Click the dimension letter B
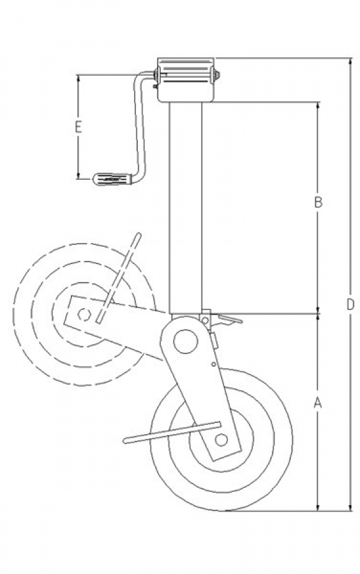point(319,202)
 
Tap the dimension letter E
point(78,127)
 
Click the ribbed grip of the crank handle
point(112,179)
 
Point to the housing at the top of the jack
point(186,80)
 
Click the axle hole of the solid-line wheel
point(221,439)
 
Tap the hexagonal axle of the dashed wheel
point(84,314)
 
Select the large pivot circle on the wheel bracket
point(186,341)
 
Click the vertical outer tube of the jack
point(185,207)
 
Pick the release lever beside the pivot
point(227,320)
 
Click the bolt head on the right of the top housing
point(217,76)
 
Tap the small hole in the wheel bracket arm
point(213,364)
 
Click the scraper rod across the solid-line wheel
point(172,432)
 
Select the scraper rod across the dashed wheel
point(118,277)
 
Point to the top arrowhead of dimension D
point(350,61)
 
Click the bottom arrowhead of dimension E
point(78,176)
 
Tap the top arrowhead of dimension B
point(318,105)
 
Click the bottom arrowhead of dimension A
point(318,507)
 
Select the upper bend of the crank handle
point(139,76)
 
